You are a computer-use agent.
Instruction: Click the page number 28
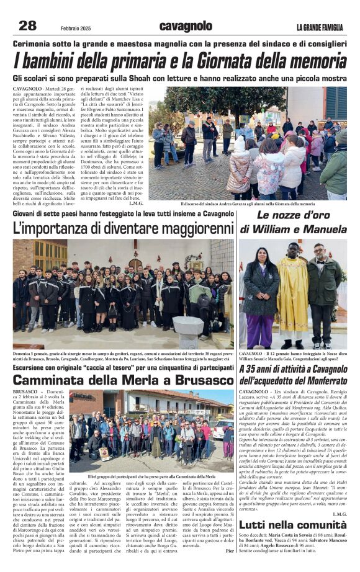tap(27, 25)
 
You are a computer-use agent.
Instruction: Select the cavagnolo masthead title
tap(186, 26)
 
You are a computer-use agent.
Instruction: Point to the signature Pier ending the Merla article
tap(230, 550)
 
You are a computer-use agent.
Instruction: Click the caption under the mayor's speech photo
tap(247, 203)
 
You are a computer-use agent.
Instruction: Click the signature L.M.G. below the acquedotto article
tap(339, 514)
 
